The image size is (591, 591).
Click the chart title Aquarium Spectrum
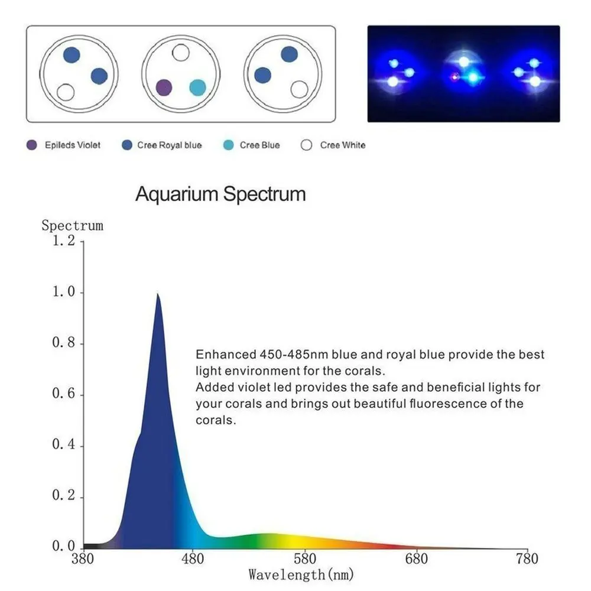coord(220,194)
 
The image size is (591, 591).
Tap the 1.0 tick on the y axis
coord(64,293)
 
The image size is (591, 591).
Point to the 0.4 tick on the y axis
coord(64,446)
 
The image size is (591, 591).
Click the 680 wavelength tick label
coord(416,558)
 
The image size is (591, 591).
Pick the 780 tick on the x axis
coord(527,558)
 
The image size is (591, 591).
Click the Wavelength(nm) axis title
coord(301,574)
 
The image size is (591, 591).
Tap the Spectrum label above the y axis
coord(72,225)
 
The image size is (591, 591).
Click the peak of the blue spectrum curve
coord(157,294)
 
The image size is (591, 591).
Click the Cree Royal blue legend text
coord(170,145)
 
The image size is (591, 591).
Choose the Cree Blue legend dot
coord(228,145)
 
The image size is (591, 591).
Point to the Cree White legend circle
coord(307,145)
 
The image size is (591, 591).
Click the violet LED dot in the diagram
coord(164,88)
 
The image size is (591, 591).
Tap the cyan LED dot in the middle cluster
coord(197,88)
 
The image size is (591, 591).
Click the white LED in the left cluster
coord(66,92)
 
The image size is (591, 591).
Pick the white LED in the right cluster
coord(300,89)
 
